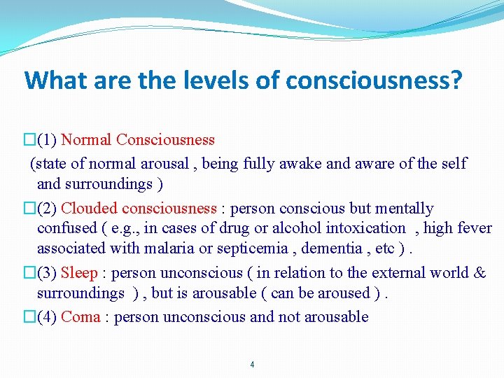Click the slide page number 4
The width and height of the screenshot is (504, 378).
click(252, 365)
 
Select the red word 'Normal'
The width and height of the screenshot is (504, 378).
click(86, 139)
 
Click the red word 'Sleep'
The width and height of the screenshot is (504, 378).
click(79, 272)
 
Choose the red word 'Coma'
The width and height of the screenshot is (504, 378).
click(81, 316)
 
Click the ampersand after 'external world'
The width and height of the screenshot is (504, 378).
click(479, 272)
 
